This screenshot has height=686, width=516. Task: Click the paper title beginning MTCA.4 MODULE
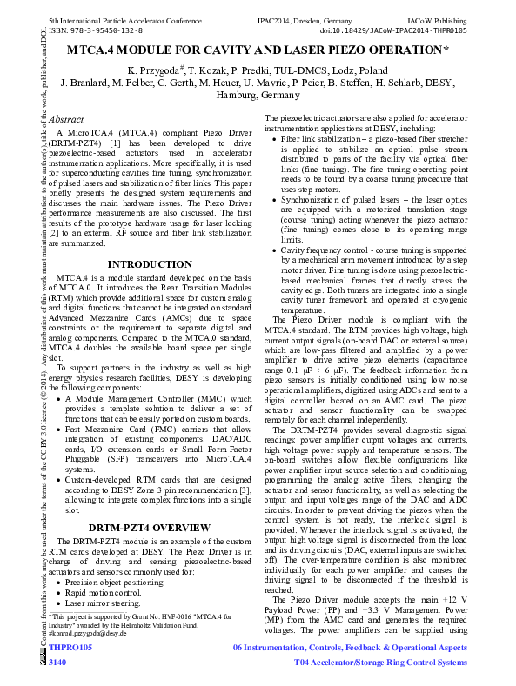258,51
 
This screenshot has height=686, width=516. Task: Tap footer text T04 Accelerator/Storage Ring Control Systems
380,663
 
